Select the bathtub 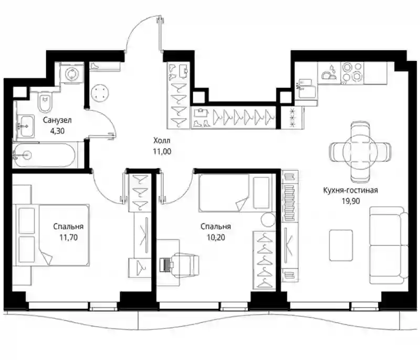(45, 155)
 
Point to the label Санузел (57, 120)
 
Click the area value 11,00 (162, 151)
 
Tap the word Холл (162, 140)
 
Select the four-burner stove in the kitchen (352, 73)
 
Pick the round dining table (360, 151)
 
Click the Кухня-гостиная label (351, 190)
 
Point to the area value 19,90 (351, 201)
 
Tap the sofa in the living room (388, 245)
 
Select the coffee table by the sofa (341, 245)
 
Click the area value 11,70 (68, 238)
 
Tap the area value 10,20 (216, 238)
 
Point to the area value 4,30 (57, 131)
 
